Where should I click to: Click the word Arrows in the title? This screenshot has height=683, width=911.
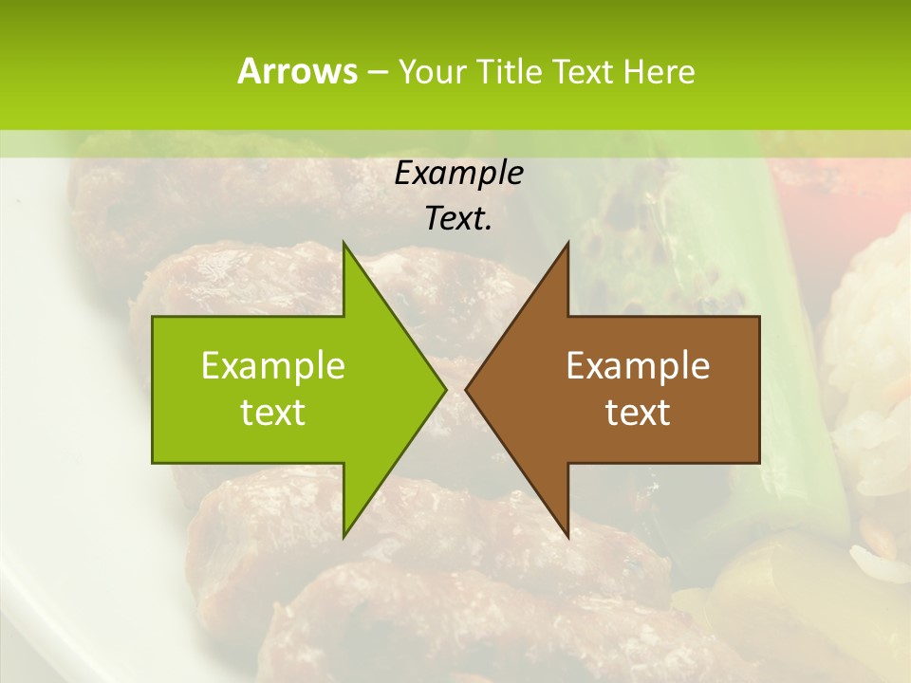click(x=297, y=71)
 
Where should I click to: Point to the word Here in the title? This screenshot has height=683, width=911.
click(x=659, y=72)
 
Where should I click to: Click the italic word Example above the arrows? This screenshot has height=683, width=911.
click(x=458, y=174)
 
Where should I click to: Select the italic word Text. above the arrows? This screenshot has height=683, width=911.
click(x=458, y=219)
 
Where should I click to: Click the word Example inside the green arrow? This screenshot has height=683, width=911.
click(x=273, y=366)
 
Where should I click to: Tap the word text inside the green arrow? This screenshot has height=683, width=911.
click(x=273, y=413)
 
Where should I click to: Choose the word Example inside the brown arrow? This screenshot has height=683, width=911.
click(x=638, y=366)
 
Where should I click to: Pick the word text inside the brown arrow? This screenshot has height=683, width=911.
click(x=638, y=413)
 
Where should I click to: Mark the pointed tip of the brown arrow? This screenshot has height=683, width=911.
click(x=469, y=389)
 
